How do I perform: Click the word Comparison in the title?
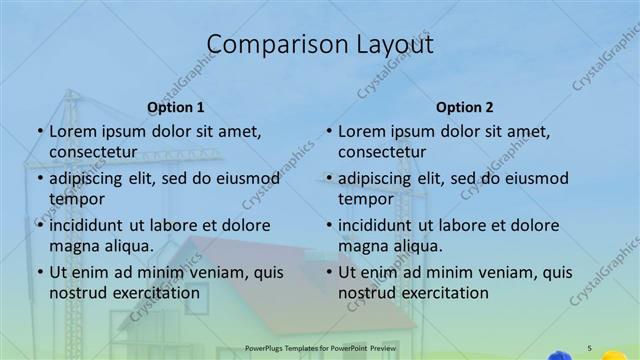(268, 45)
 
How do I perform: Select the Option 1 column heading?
(176, 107)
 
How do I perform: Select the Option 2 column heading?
(465, 107)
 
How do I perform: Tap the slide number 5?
(590, 347)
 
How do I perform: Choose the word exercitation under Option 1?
(157, 293)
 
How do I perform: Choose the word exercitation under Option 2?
(446, 293)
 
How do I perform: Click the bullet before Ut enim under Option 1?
(39, 272)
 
